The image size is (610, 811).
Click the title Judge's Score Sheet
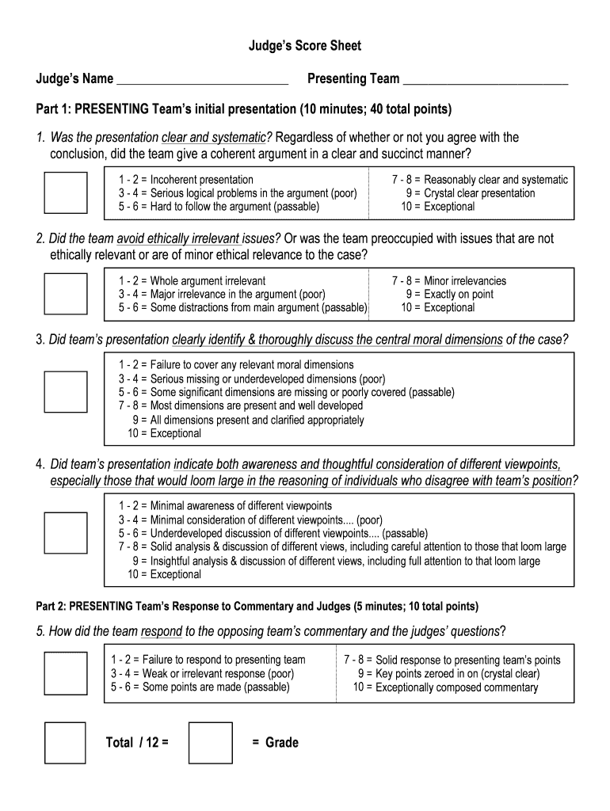[305, 46]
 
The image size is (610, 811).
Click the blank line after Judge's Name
[201, 79]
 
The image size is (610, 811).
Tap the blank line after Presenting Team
[485, 79]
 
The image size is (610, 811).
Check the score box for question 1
[66, 192]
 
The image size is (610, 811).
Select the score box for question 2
[66, 294]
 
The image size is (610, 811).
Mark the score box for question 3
[66, 392]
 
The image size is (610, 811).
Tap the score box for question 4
[66, 532]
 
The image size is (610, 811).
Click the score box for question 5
[66, 673]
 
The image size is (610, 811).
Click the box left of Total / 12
[65, 742]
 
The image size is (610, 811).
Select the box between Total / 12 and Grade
[211, 742]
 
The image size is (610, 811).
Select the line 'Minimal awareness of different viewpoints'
[226, 505]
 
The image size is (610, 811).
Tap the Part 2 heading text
[257, 607]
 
